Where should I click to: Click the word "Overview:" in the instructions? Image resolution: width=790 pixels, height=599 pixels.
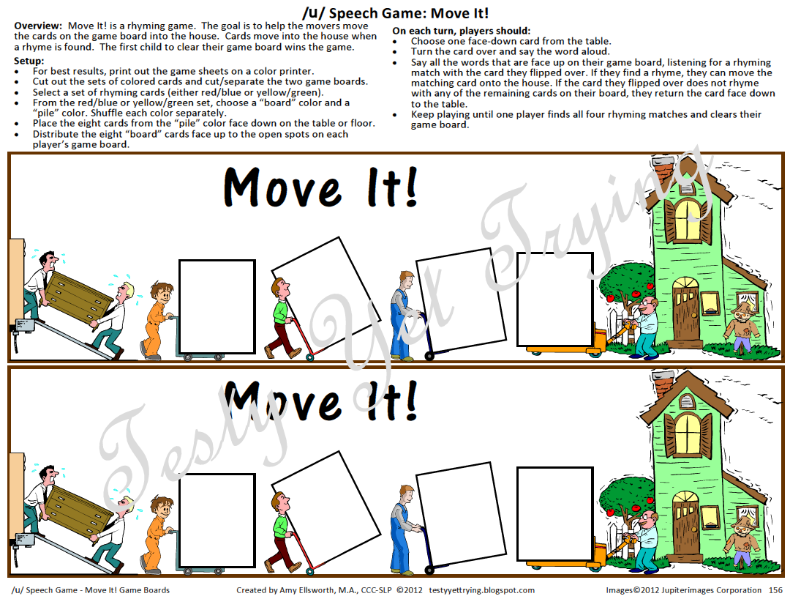pyautogui.click(x=38, y=26)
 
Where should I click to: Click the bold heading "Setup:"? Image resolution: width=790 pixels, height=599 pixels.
pyautogui.click(x=29, y=61)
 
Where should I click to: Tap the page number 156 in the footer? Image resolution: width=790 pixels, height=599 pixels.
pyautogui.click(x=776, y=590)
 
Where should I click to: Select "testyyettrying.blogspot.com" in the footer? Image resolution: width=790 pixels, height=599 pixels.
pyautogui.click(x=481, y=590)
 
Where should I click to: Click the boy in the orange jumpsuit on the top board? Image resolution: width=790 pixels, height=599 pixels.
pyautogui.click(x=157, y=320)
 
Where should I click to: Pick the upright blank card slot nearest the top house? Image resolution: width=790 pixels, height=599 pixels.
pyautogui.click(x=554, y=299)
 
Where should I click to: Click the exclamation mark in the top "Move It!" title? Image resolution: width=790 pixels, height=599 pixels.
pyautogui.click(x=411, y=187)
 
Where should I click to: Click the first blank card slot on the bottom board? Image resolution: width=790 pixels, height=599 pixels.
pyautogui.click(x=217, y=521)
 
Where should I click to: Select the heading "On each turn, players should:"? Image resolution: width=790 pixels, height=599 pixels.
pyautogui.click(x=461, y=31)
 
